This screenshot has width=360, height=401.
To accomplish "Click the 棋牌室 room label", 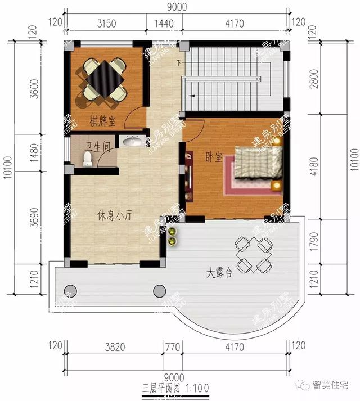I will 102,120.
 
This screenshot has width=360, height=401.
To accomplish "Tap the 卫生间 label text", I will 96,147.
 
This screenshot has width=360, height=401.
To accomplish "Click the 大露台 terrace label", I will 219,274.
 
